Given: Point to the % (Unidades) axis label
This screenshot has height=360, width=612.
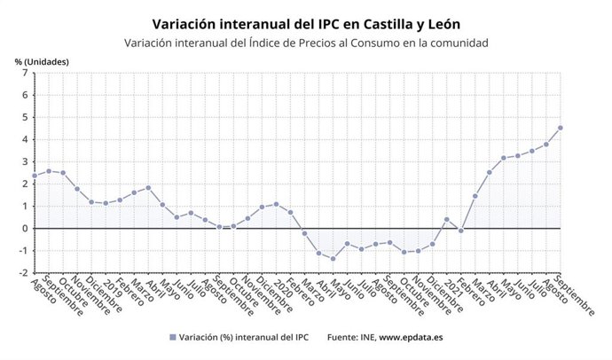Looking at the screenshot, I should pos(42,61).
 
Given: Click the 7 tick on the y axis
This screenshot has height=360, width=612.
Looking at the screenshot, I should pos(25,73).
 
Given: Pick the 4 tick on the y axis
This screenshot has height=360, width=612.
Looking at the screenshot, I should pos(25,139).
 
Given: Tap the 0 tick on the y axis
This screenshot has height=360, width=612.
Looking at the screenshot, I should pos(25,228).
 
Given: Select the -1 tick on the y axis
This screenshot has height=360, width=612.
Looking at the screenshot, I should pos(23,251).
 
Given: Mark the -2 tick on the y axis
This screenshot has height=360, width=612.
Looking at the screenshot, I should pos(23,273).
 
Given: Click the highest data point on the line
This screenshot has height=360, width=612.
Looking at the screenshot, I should pos(561,128).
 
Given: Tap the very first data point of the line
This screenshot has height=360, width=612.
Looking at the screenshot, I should pos(34,176).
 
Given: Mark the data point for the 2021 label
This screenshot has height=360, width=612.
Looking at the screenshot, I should pos(446,219).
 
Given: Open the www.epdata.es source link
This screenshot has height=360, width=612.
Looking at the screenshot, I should pos(412,338).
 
